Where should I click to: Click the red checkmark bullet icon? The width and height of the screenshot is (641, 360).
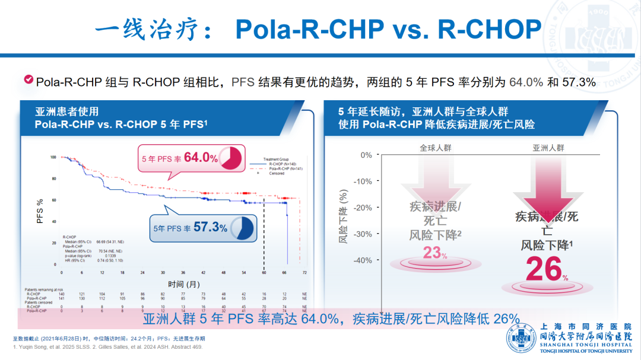pos(28,80)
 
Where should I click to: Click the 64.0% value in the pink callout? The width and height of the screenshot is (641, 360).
pos(201,158)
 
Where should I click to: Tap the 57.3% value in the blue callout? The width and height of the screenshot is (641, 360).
pos(210,227)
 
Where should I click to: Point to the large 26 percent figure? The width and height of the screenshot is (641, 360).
pos(542,269)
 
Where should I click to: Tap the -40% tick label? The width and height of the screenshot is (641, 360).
pos(362,260)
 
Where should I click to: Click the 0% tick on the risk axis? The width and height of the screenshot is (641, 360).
pos(366,155)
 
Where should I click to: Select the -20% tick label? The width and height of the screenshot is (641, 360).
pos(362,208)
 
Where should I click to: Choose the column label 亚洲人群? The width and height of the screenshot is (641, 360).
pos(548,147)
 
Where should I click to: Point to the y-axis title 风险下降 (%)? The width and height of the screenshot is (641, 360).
pos(343,217)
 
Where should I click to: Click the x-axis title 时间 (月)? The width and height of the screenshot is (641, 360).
pos(183,284)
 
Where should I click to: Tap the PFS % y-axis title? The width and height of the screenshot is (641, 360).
pos(40,211)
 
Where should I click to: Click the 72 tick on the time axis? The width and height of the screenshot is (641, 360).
pos(305,272)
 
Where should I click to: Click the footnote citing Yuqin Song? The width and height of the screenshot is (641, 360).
pos(107,347)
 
